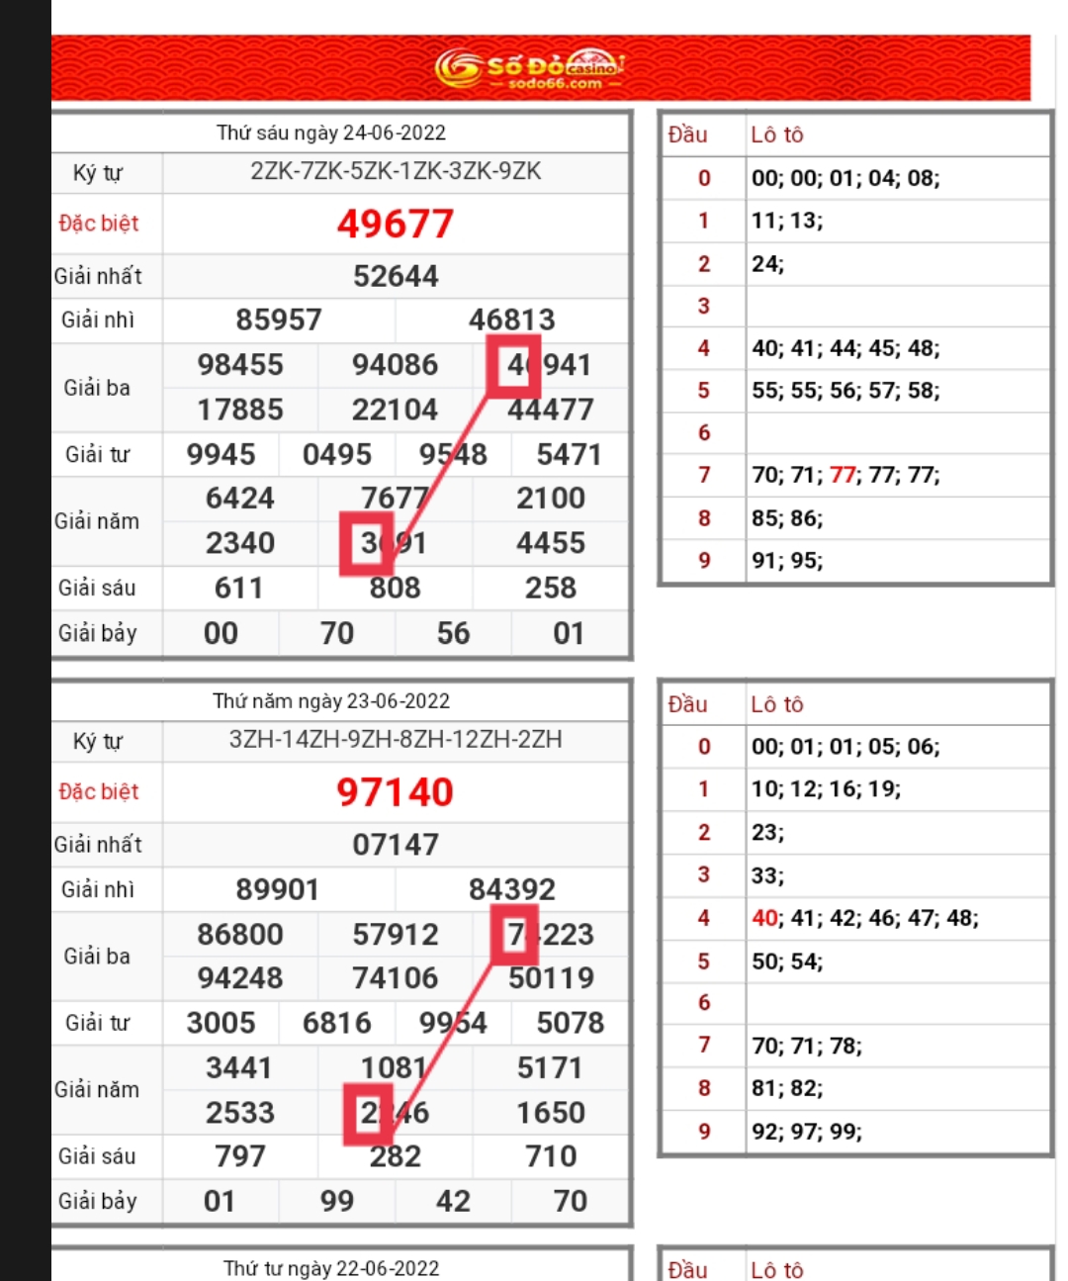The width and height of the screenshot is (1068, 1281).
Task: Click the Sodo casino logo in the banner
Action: coord(530,67)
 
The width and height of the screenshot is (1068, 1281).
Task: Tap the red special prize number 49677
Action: coord(396,224)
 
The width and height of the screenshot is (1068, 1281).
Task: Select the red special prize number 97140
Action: coord(396,792)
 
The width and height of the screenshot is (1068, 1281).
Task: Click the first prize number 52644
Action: coord(396,276)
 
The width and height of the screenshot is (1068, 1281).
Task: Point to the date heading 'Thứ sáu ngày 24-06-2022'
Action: coord(331,133)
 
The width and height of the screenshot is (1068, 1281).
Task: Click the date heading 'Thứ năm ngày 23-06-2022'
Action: coord(331,701)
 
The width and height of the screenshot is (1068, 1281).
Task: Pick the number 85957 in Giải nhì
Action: coord(279,320)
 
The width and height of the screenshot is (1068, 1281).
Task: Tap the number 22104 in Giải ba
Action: coord(396,410)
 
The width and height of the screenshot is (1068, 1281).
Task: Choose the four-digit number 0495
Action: coord(337,454)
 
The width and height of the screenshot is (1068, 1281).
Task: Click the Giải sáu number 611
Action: coord(239,589)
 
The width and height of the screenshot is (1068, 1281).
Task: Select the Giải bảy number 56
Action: coord(453,633)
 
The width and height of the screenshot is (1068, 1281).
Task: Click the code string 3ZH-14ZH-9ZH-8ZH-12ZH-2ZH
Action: coord(396,740)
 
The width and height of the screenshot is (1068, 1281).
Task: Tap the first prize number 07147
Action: coord(396,845)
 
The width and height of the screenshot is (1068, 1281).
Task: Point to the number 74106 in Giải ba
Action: coord(396,978)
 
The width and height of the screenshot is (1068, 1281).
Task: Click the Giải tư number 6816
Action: coord(337,1023)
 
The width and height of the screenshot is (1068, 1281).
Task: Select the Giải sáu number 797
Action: coord(239,1156)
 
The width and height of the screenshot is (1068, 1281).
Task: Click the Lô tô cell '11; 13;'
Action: coord(787,221)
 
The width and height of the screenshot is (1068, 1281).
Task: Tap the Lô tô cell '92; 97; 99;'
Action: coord(807,1132)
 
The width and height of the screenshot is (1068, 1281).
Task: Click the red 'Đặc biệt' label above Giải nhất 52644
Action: coord(99,224)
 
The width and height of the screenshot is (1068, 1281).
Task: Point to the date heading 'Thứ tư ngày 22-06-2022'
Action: coord(331,1268)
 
